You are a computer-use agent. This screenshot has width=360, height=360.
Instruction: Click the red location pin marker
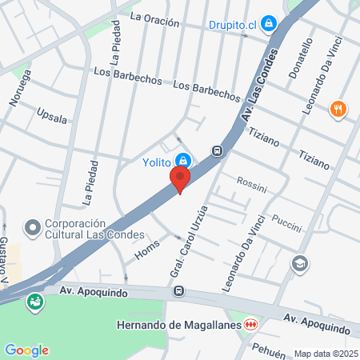coord(181,179)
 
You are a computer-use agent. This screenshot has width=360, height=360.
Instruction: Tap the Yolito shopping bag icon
coord(183,160)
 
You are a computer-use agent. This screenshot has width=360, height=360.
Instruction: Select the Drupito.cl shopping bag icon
coord(268,23)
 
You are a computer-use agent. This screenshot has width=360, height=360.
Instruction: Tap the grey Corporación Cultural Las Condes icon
coord(33,229)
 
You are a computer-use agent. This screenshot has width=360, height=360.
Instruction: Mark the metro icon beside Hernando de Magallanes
coord(251,324)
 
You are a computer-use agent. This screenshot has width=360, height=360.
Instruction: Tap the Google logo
coord(26,350)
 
